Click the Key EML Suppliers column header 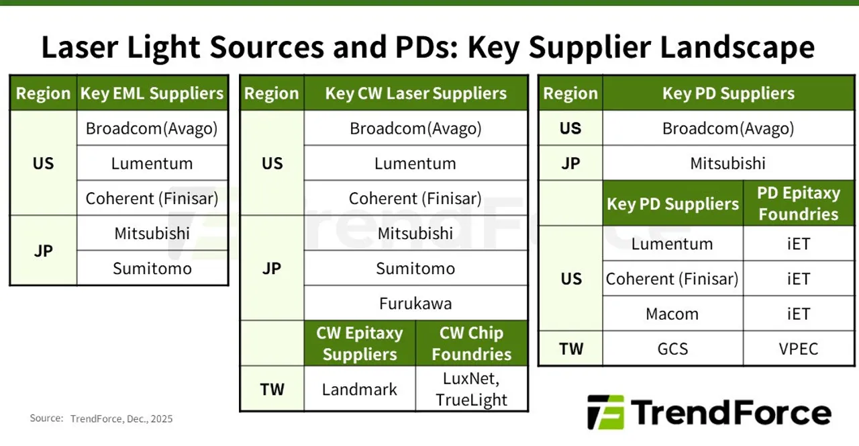click(152, 93)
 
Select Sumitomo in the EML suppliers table click(152, 268)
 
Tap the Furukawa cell click(415, 303)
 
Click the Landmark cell click(359, 389)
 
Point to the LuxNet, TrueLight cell click(471, 389)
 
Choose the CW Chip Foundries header click(471, 343)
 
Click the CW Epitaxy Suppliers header click(359, 343)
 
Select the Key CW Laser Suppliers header click(415, 93)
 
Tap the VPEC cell click(799, 349)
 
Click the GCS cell click(672, 349)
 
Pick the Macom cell click(672, 314)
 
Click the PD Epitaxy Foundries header click(799, 204)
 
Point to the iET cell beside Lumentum click(799, 244)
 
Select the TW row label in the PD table click(571, 349)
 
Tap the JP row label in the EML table click(44, 251)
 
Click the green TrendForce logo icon click(606, 412)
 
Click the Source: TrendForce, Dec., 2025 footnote click(101, 418)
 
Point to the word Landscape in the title click(737, 48)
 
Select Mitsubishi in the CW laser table click(415, 233)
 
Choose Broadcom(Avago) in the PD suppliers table click(728, 128)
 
